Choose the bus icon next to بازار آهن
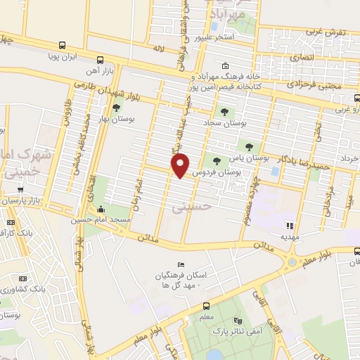(101, 60)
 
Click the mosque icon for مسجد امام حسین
(101, 209)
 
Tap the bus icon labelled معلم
(206, 306)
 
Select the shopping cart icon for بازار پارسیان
(22, 189)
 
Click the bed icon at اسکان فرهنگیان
(181, 264)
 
